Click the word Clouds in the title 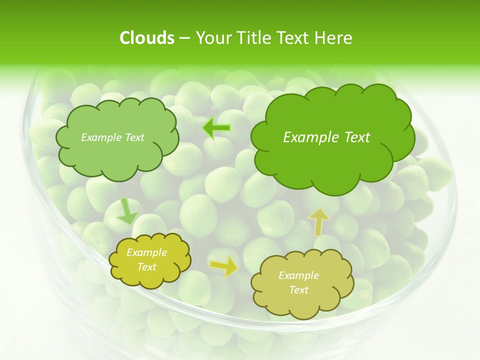pos(146,38)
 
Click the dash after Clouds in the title pos(184,38)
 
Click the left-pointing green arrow pos(216,128)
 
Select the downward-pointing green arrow pos(126,211)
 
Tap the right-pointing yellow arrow pos(224,266)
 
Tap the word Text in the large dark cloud pos(357,137)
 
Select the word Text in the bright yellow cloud pos(147,267)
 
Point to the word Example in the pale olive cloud pos(298,275)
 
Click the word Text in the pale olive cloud pos(298,290)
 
